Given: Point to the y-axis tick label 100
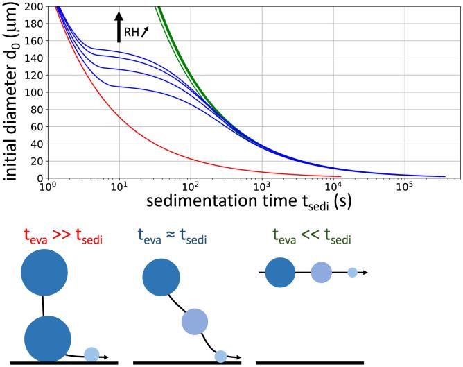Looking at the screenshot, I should pyautogui.click(x=33, y=92).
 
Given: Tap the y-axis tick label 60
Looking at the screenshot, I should pyautogui.click(x=35, y=126).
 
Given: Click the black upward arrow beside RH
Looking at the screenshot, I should pyautogui.click(x=119, y=26).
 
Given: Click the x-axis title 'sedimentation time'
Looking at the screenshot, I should pyautogui.click(x=218, y=203).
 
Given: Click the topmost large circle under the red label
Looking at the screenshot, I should pyautogui.click(x=45, y=273).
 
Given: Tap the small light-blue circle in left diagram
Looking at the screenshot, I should pyautogui.click(x=91, y=355).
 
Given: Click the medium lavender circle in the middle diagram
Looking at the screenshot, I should pyautogui.click(x=195, y=322).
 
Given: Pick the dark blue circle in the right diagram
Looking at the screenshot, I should pyautogui.click(x=279, y=272).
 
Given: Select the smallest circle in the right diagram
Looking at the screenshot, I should pyautogui.click(x=352, y=273).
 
